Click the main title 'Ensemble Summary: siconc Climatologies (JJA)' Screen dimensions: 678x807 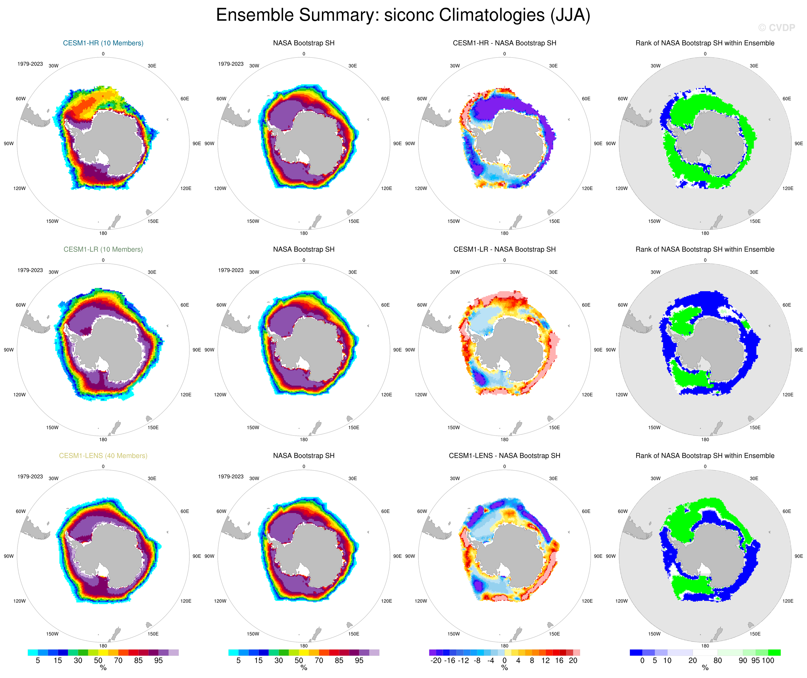403,15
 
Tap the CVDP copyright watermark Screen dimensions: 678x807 776,28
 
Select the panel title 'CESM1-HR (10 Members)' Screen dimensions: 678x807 103,43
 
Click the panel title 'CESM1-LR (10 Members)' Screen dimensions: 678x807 103,249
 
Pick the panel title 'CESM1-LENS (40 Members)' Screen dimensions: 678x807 103,456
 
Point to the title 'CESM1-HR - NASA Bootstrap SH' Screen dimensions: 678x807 504,43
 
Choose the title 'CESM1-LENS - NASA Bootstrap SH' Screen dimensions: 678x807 504,456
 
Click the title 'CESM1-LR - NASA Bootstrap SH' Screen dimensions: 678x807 504,249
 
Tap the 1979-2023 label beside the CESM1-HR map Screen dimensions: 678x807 30,64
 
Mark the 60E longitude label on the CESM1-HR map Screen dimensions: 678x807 185,99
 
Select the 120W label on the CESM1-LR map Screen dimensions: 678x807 20,394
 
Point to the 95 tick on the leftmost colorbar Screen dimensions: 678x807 158,661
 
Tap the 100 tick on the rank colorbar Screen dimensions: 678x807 768,661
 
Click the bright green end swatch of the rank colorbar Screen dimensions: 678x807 774,653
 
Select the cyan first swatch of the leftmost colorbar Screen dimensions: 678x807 33,653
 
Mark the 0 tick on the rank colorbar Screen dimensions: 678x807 642,661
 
